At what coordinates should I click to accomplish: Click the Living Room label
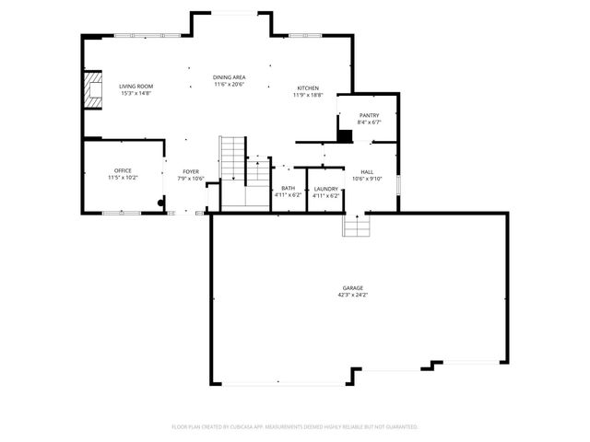[x=136, y=87]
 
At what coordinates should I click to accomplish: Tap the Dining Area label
[x=229, y=77]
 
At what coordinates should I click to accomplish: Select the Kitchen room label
[x=308, y=87]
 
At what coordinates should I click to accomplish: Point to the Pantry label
[x=369, y=115]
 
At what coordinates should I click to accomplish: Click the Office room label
[x=123, y=170]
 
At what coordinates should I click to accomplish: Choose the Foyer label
[x=191, y=171]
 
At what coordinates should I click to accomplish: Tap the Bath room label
[x=289, y=188]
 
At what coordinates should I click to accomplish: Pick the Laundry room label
[x=326, y=188]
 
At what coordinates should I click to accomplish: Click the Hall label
[x=367, y=171]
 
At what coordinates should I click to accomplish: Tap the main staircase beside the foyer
[x=233, y=161]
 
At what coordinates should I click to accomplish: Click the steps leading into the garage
[x=356, y=225]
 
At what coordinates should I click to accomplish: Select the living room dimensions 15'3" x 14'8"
[x=136, y=94]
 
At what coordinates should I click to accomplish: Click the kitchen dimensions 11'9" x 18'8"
[x=308, y=95]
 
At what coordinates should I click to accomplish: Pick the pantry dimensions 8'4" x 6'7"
[x=369, y=122]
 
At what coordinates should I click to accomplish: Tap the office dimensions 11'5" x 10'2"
[x=123, y=178]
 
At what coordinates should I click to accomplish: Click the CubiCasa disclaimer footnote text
[x=295, y=427]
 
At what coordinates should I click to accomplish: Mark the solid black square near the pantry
[x=345, y=136]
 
